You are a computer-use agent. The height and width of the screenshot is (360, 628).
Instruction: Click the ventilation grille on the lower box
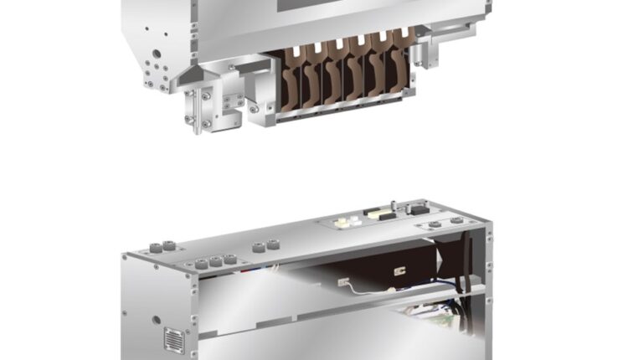coord(174,340)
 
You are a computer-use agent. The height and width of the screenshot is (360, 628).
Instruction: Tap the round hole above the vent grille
coord(157,320)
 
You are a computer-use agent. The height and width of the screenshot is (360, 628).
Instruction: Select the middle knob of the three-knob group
coord(215,261)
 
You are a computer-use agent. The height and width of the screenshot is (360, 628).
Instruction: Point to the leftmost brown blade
coord(293,80)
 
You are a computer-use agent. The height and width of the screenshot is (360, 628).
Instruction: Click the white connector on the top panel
coord(344,222)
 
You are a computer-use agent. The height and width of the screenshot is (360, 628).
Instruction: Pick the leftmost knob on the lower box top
coord(157,248)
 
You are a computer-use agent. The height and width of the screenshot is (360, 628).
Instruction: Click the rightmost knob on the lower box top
coord(456,220)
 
